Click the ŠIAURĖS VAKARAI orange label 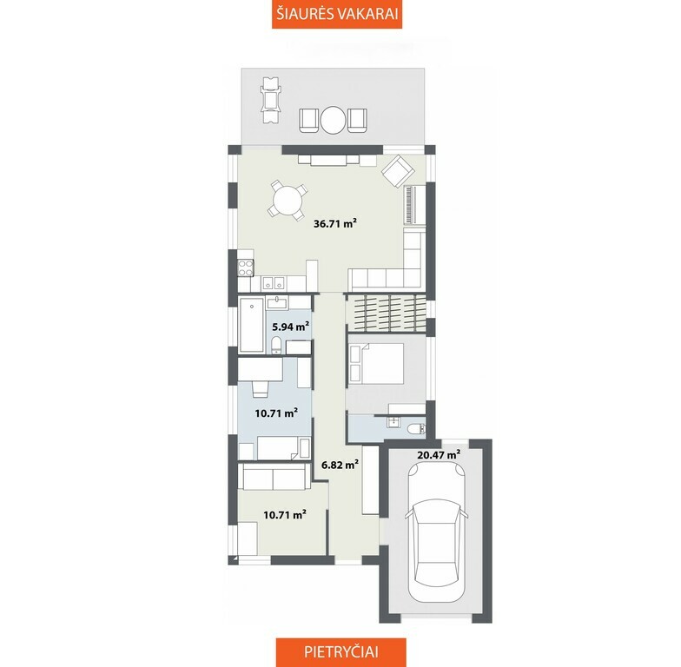337,14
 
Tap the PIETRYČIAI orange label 340,652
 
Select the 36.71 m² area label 335,224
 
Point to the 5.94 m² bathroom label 290,327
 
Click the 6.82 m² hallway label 340,465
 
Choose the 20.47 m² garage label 439,455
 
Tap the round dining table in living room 287,201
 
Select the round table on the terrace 334,120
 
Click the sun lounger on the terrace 271,101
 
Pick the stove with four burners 246,267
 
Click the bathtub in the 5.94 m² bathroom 252,325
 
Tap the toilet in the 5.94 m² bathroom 276,346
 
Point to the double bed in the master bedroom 376,363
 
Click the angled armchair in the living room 397,171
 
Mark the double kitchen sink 273,283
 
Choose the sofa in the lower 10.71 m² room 273,478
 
